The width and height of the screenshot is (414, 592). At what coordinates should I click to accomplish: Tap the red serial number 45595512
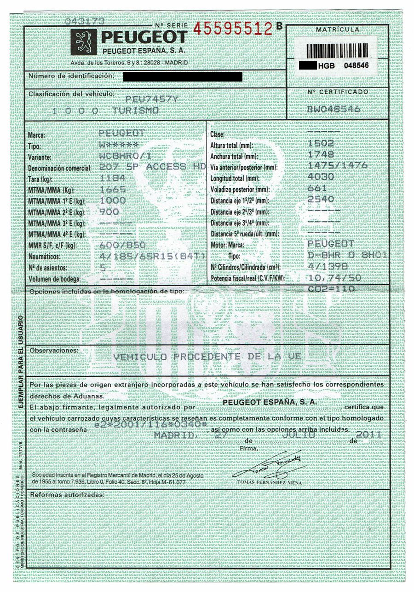coord(233,29)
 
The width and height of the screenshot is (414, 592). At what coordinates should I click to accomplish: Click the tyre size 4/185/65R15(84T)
coord(146,256)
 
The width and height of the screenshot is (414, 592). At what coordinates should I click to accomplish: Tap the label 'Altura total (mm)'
coord(232,146)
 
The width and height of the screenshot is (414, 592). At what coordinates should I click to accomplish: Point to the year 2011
coord(369,434)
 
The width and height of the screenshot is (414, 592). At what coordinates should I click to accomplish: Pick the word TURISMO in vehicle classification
coord(136,111)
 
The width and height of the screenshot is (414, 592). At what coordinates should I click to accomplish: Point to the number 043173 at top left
coord(85,21)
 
